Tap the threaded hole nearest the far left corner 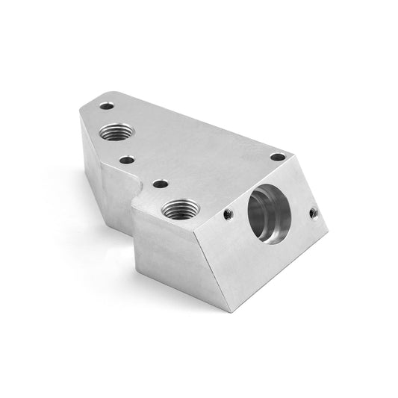click(x=116, y=133)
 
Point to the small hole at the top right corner click(x=277, y=157)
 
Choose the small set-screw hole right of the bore click(x=314, y=214)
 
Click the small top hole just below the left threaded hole click(x=127, y=160)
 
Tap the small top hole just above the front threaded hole click(x=159, y=183)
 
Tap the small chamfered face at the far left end click(x=90, y=153)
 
